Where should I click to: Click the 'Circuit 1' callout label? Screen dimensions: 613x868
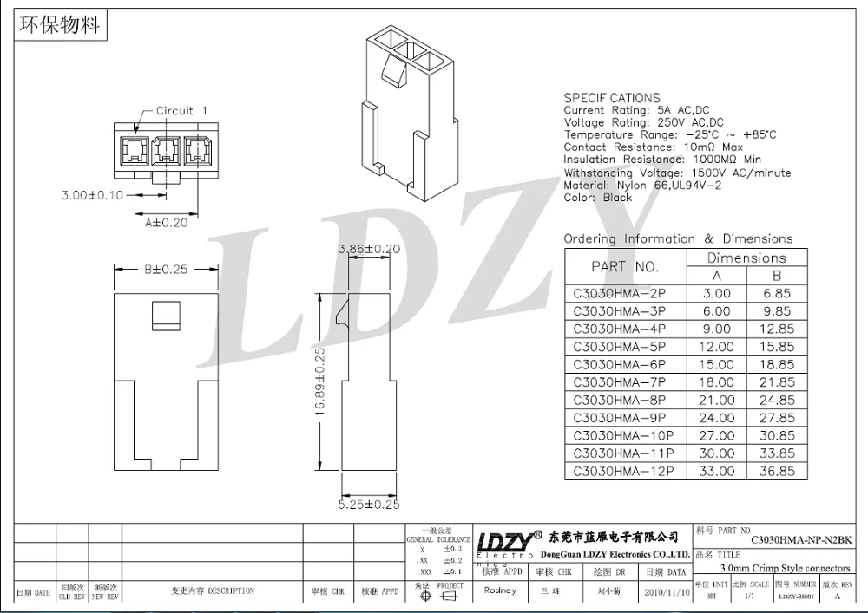point(181,111)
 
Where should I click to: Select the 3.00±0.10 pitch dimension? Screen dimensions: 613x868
point(92,195)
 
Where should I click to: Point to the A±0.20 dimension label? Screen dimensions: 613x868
point(166,222)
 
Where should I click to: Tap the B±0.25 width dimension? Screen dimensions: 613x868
point(165,270)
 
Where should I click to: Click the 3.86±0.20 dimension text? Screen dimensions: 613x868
point(369,249)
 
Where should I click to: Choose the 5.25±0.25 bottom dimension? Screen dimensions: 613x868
point(368,504)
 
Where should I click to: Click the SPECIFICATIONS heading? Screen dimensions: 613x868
point(612,98)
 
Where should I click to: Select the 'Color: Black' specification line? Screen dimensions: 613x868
point(598,198)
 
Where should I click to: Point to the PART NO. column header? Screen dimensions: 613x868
point(625,267)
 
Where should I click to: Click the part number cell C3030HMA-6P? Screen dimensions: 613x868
point(620,365)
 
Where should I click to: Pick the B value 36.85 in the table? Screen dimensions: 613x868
point(776,472)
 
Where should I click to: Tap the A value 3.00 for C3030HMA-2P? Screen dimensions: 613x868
point(716,294)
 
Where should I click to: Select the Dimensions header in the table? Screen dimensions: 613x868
point(746,258)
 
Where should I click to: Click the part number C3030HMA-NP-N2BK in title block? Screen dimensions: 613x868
point(801,538)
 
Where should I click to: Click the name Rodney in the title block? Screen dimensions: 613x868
point(500,590)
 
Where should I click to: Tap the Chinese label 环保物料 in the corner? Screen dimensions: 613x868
point(60,23)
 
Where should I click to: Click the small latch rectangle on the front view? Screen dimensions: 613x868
point(165,316)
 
